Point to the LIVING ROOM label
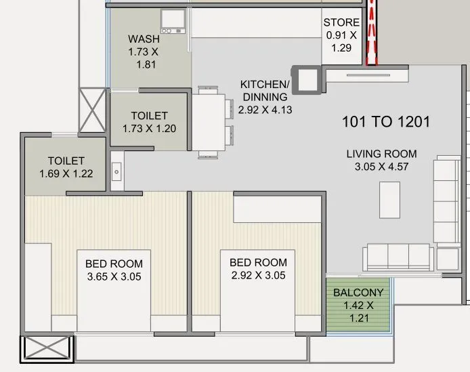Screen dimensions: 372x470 tap(382, 153)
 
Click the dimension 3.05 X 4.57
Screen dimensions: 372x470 tap(382, 167)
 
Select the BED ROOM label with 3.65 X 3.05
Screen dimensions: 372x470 tap(114, 263)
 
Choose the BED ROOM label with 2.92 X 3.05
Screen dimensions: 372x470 tap(258, 262)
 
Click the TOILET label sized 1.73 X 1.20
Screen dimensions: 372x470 tap(149, 116)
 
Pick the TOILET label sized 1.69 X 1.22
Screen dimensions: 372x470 tap(66, 161)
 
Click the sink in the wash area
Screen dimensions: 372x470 tap(173, 22)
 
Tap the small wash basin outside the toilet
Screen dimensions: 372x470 tap(116, 172)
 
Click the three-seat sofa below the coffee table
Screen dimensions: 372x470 tap(398, 256)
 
